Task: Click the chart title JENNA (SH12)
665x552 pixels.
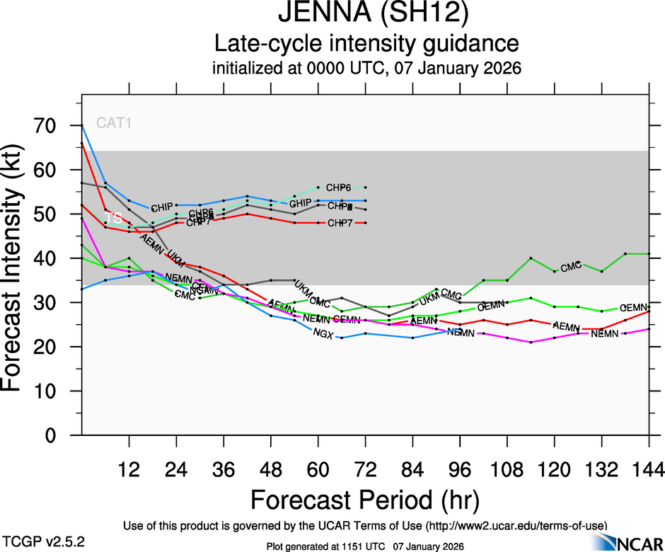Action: (x=367, y=15)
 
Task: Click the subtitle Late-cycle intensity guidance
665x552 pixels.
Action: (x=367, y=44)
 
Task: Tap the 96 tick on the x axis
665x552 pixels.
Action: (x=460, y=469)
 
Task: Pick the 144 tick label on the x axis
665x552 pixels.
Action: (x=649, y=469)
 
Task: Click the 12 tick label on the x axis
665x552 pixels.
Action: (x=129, y=469)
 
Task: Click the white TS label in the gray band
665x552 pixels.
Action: (x=113, y=219)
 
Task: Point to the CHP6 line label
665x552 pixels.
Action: (x=339, y=188)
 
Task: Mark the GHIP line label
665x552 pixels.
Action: (x=301, y=204)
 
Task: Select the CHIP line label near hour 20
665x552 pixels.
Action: (x=163, y=208)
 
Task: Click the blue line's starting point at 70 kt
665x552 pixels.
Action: (x=82, y=126)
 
